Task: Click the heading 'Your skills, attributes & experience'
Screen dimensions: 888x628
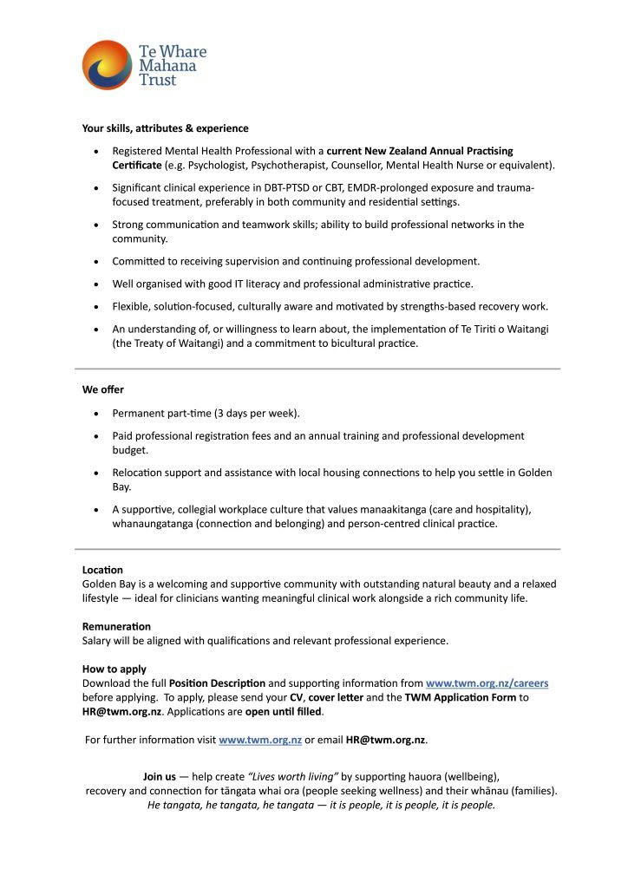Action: tap(165, 128)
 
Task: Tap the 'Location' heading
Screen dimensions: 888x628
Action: tap(102, 570)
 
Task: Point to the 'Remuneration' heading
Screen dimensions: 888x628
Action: tap(116, 626)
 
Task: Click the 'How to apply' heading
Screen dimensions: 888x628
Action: tap(114, 669)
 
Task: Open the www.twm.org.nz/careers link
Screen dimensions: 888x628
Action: tap(487, 683)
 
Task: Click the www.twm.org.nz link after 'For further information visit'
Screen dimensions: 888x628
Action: tap(260, 740)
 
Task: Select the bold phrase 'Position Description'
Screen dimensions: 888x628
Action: tap(217, 683)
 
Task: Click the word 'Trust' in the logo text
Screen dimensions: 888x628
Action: tap(158, 81)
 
